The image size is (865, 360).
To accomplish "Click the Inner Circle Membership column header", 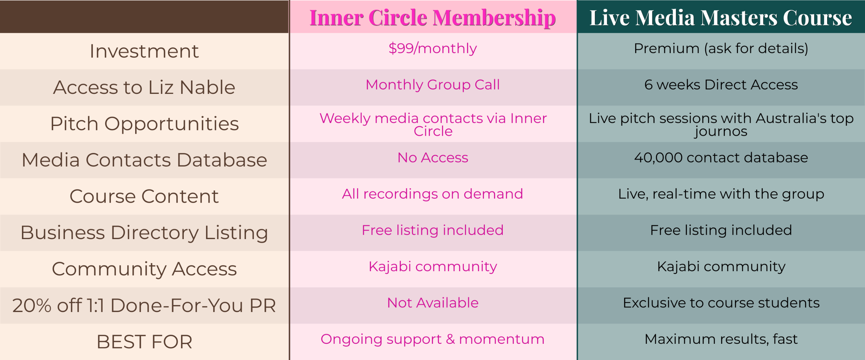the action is (432, 18).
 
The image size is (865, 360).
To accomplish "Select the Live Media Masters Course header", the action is (721, 18).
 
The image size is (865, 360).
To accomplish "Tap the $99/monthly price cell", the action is (432, 49).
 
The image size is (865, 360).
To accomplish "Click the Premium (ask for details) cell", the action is (721, 49).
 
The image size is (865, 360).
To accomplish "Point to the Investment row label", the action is (144, 51).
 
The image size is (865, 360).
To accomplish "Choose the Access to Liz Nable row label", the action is (144, 87).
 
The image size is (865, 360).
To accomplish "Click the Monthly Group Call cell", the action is (432, 85).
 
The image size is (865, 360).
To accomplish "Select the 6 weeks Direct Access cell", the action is (721, 85).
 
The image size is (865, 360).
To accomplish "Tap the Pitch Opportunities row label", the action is (144, 124).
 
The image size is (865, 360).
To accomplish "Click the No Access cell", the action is (432, 158).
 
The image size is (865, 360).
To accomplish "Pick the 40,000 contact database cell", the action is (721, 158).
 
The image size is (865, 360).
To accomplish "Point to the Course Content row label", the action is (144, 196).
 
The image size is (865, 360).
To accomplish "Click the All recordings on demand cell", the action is (432, 194).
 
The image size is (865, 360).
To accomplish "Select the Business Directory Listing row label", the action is (144, 233).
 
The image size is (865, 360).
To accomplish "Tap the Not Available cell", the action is (432, 303).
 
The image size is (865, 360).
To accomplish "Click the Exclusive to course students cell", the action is (721, 303).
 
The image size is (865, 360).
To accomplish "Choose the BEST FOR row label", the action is (144, 342).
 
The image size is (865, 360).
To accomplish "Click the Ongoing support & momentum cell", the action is (432, 339).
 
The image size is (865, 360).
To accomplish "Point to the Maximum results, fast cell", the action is (721, 339).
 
